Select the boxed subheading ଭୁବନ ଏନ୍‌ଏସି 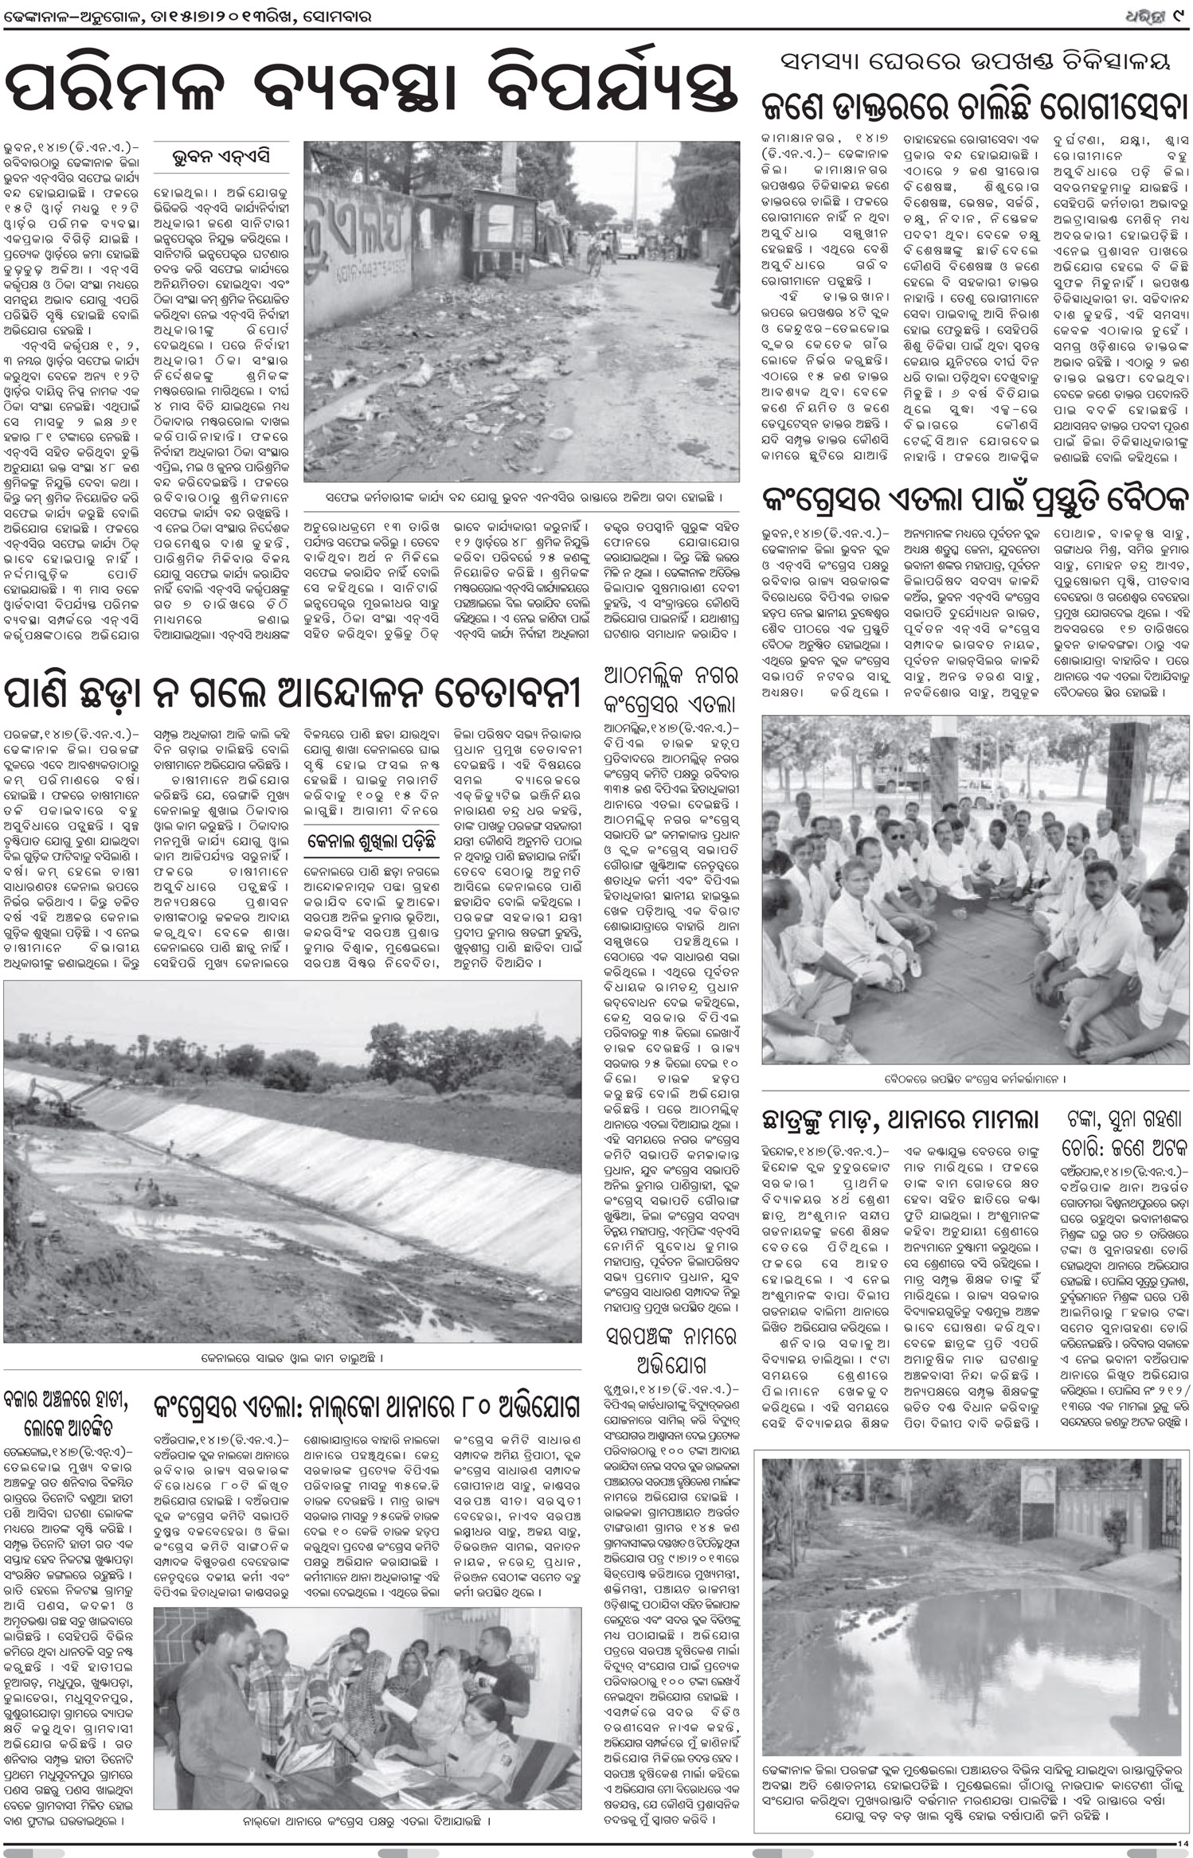(221, 157)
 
